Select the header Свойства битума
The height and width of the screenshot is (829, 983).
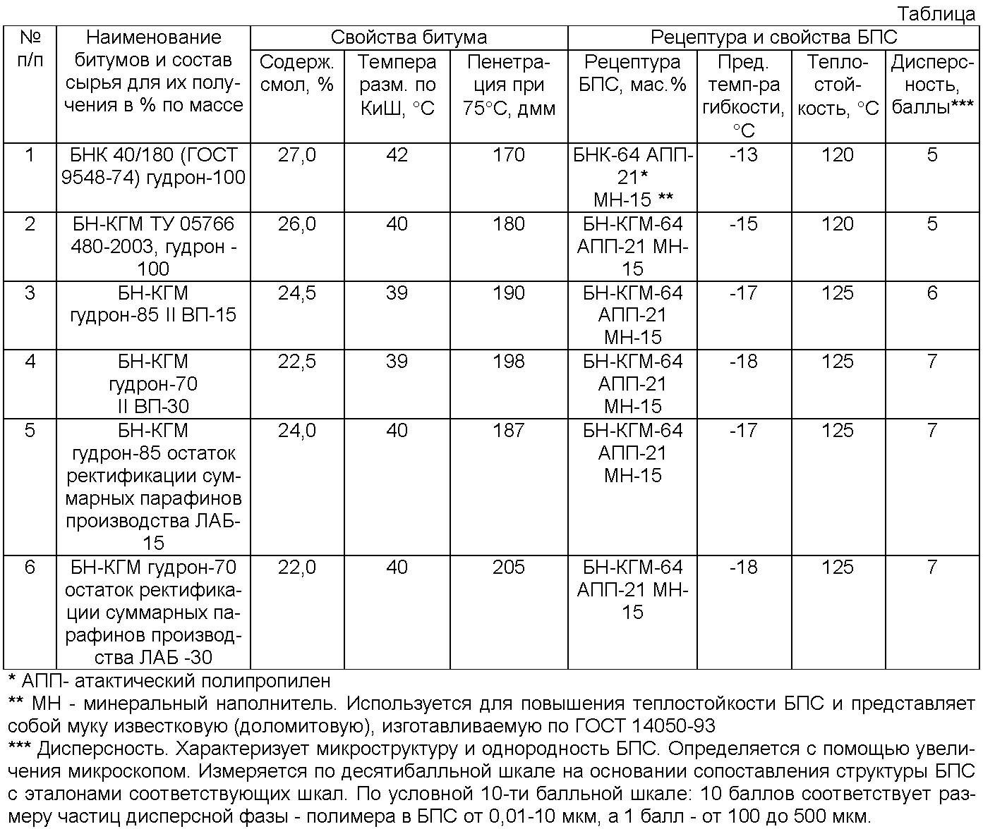(409, 37)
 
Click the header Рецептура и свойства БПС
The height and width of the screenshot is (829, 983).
(773, 37)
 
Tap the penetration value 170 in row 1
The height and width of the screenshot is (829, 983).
(509, 155)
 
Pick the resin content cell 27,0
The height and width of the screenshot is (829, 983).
(297, 155)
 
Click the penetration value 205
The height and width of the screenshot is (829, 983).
(509, 567)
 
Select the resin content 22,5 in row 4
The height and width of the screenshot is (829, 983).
(297, 362)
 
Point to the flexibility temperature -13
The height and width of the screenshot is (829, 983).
(742, 155)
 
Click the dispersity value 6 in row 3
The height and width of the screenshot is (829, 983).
(932, 293)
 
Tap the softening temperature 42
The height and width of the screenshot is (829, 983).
(397, 155)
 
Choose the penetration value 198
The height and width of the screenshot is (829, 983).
(509, 362)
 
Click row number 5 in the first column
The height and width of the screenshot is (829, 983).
(30, 430)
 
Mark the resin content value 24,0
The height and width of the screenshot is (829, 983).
(297, 430)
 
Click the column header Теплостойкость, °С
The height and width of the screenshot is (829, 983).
(838, 85)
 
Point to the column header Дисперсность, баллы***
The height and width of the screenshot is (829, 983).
(932, 85)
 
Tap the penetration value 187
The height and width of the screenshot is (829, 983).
(509, 430)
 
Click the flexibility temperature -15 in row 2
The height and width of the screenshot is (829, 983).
(742, 224)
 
